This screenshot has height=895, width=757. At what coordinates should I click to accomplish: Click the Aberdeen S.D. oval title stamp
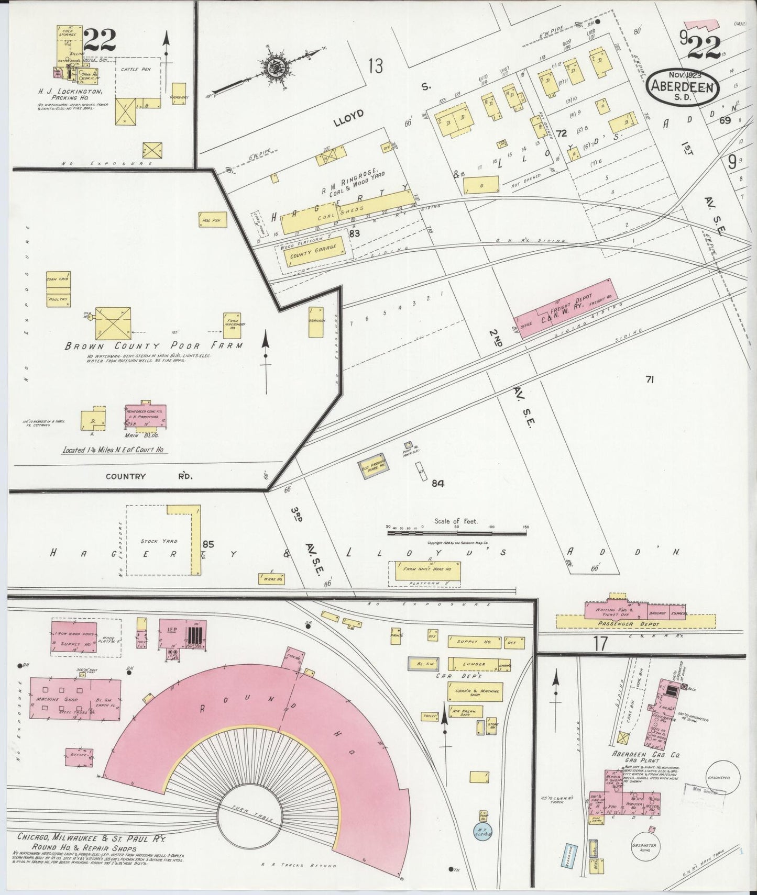point(683,86)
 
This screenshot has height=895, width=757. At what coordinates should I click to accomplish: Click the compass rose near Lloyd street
point(273,67)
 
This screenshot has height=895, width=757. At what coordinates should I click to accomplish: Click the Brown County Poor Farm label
point(153,346)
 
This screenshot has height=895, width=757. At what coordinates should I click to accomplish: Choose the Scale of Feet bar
point(456,533)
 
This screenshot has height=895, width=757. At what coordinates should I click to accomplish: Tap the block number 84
point(437,484)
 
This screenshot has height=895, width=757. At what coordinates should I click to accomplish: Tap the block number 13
point(375,66)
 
